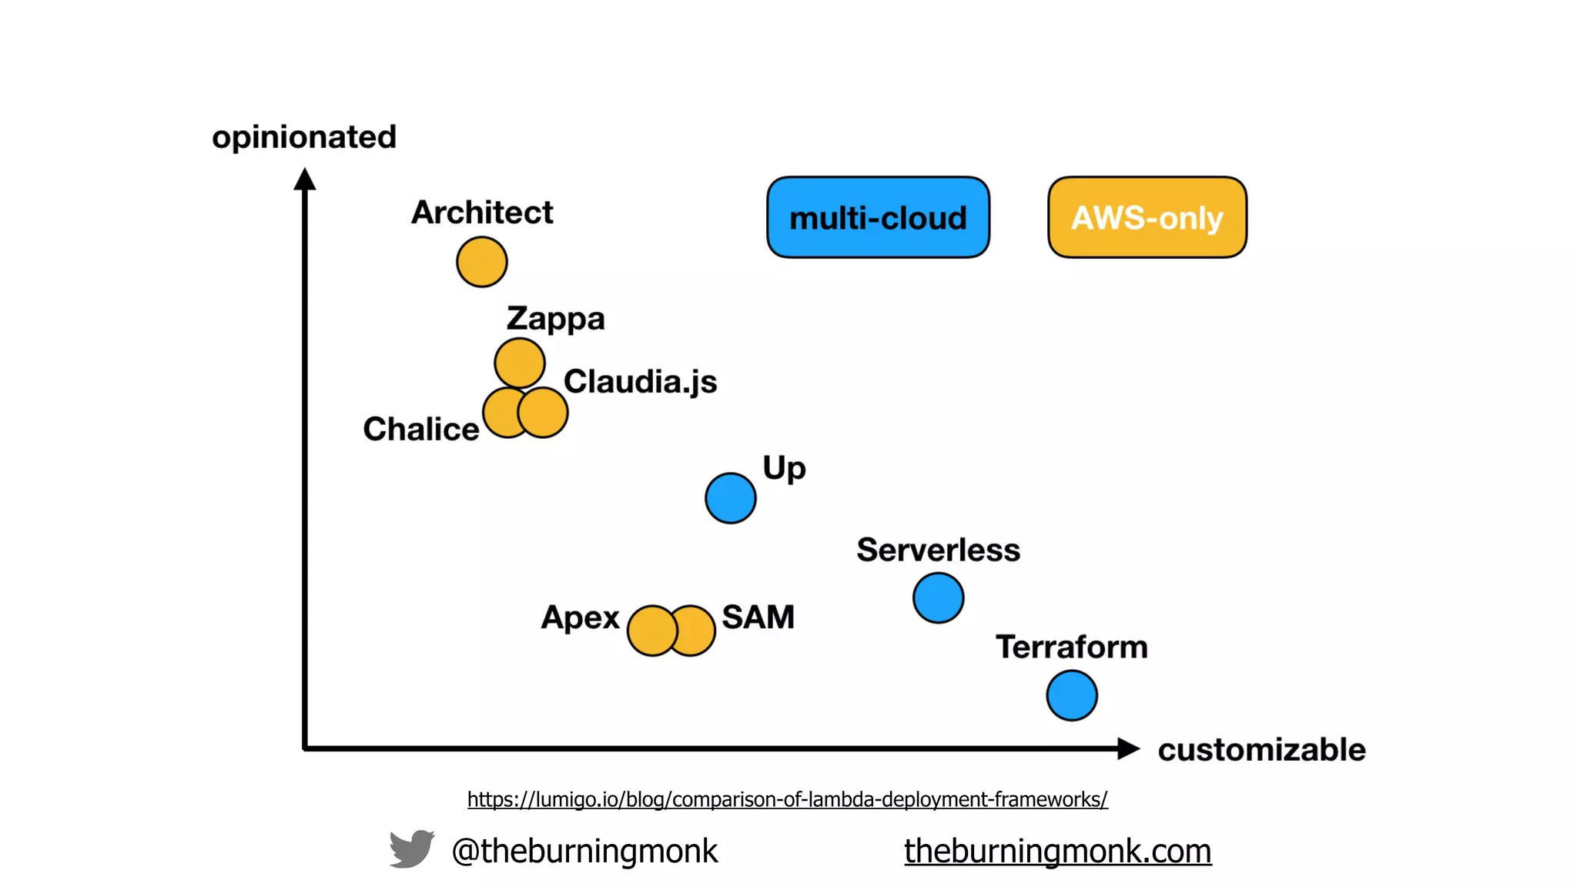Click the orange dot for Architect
pyautogui.click(x=482, y=262)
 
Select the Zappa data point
pyautogui.click(x=520, y=363)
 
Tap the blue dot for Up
pyautogui.click(x=731, y=498)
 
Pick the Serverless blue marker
pyautogui.click(x=938, y=597)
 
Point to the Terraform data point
pyautogui.click(x=1072, y=695)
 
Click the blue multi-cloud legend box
pyautogui.click(x=878, y=218)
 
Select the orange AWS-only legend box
pyautogui.click(x=1147, y=218)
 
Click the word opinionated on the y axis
pyautogui.click(x=304, y=138)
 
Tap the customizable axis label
pyautogui.click(x=1261, y=750)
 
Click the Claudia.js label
pyautogui.click(x=640, y=382)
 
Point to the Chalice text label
pyautogui.click(x=421, y=429)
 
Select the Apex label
pyautogui.click(x=580, y=618)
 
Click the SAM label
pyautogui.click(x=758, y=617)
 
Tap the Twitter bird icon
pyautogui.click(x=412, y=849)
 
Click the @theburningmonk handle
pyautogui.click(x=584, y=851)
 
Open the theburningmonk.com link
pyautogui.click(x=1057, y=851)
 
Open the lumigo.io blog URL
pyautogui.click(x=787, y=799)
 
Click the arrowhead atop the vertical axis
pyautogui.click(x=305, y=179)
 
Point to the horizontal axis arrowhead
pyautogui.click(x=1128, y=748)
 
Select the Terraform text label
pyautogui.click(x=1071, y=647)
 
